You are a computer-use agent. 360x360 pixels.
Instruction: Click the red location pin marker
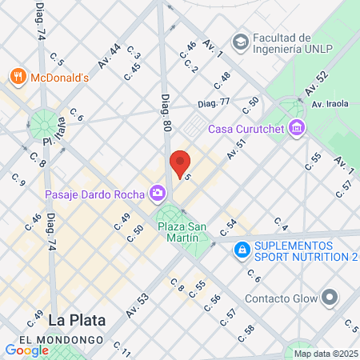[180, 164]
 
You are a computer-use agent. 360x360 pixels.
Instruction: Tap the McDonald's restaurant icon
[18, 77]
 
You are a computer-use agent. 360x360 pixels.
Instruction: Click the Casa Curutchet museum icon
[298, 128]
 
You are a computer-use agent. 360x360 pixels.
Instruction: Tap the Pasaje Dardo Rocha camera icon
[158, 193]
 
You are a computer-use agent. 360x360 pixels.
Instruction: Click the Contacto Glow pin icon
[330, 299]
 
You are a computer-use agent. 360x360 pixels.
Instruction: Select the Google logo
[26, 350]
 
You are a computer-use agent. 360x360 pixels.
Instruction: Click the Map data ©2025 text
[325, 354]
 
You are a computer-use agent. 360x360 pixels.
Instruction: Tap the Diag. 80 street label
[166, 114]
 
